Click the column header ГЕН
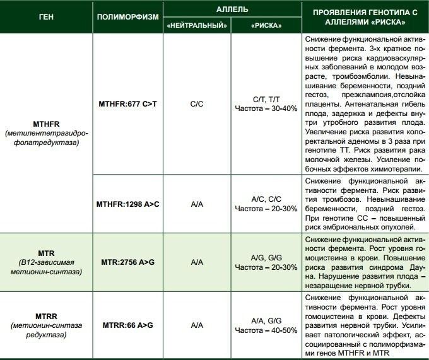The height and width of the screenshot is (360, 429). tap(46, 17)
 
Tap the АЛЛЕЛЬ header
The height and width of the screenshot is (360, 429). tap(231, 9)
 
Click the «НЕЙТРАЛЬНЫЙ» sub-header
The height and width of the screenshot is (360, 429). tap(197, 26)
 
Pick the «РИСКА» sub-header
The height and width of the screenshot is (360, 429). tap(266, 26)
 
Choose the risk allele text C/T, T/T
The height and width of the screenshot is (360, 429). tap(266, 99)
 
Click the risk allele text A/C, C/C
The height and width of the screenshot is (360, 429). tap(266, 199)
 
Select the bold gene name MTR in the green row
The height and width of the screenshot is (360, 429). tap(46, 252)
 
